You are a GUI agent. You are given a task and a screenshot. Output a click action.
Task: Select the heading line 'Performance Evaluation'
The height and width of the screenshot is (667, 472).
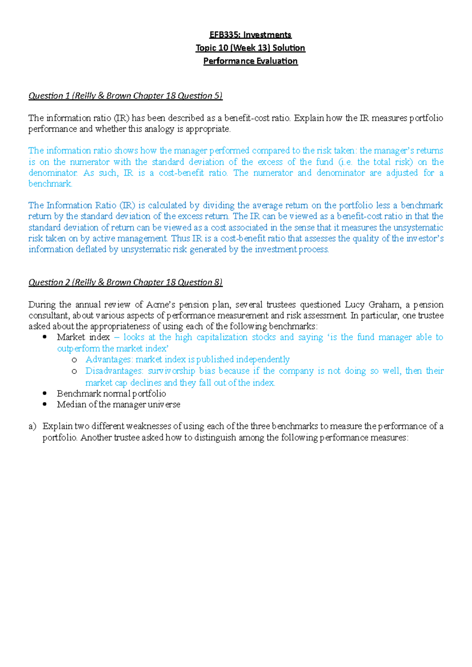[251, 61]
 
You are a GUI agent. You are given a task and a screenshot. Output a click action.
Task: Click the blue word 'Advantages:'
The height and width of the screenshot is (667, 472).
[109, 359]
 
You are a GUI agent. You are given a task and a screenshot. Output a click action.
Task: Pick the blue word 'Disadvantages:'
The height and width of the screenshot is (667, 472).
[114, 371]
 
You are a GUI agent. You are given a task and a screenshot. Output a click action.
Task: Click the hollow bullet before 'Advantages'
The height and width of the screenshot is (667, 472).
[74, 360]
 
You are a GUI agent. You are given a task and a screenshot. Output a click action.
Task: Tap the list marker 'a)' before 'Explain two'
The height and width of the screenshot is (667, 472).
[32, 426]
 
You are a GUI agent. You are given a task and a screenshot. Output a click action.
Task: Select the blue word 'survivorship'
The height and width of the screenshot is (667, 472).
[171, 371]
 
